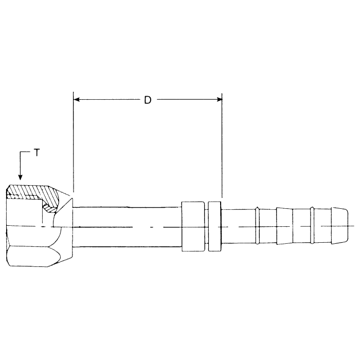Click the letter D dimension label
click(148, 100)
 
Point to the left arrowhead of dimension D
click(78, 99)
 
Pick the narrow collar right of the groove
click(215, 227)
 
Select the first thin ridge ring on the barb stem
click(257, 226)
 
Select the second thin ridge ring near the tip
click(312, 226)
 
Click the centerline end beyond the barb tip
click(353, 226)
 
